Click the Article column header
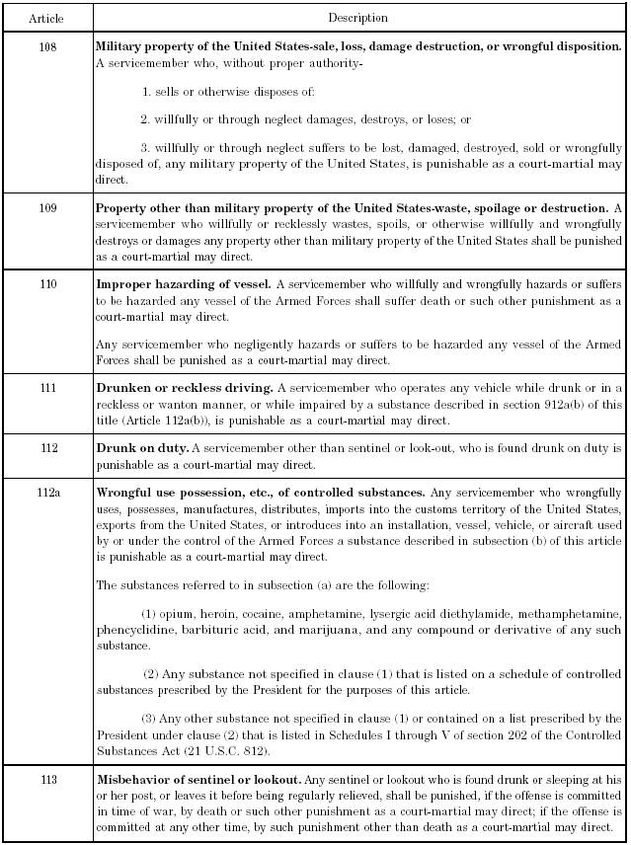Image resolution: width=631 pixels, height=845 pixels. tap(47, 18)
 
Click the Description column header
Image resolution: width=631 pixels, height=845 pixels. tap(357, 18)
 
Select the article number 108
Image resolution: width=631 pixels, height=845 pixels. tap(47, 45)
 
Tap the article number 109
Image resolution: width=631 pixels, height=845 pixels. tap(47, 208)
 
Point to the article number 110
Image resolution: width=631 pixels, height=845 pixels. tap(47, 284)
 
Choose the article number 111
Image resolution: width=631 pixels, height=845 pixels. tap(47, 388)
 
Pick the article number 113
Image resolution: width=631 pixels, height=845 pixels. tap(47, 779)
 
